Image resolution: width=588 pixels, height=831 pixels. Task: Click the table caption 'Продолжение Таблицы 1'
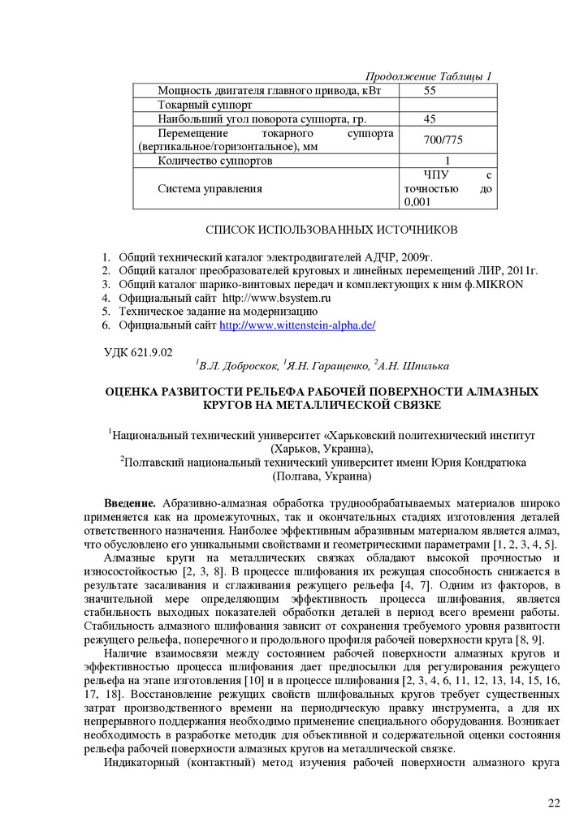pyautogui.click(x=428, y=76)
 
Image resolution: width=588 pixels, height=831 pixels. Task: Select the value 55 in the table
pyautogui.click(x=430, y=90)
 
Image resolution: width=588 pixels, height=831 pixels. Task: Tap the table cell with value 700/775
pyautogui.click(x=443, y=140)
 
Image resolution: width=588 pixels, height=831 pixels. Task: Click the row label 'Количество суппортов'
pyautogui.click(x=215, y=161)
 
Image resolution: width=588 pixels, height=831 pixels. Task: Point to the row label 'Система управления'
pyautogui.click(x=210, y=189)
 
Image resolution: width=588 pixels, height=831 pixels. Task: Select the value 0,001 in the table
pyautogui.click(x=417, y=202)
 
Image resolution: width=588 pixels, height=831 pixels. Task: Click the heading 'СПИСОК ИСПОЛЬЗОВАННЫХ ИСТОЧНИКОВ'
pyautogui.click(x=331, y=230)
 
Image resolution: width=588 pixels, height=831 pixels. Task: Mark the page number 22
pyautogui.click(x=554, y=803)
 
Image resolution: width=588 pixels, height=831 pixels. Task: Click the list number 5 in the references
pyautogui.click(x=106, y=312)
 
